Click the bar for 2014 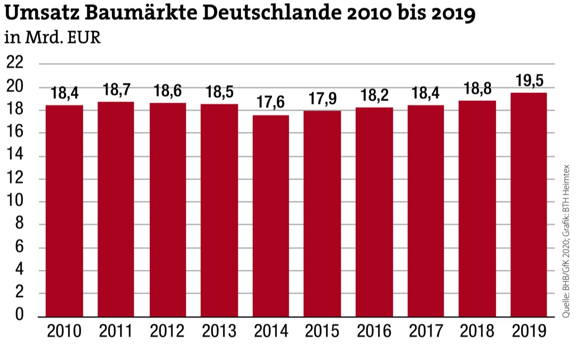point(270,216)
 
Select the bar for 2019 point(529,205)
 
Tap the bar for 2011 point(116,209)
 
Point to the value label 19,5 point(529,81)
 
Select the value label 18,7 point(116,90)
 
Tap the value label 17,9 point(322,99)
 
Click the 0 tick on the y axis point(19,316)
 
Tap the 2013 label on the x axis point(219,331)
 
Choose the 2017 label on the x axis point(426,331)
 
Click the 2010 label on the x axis point(65,331)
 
